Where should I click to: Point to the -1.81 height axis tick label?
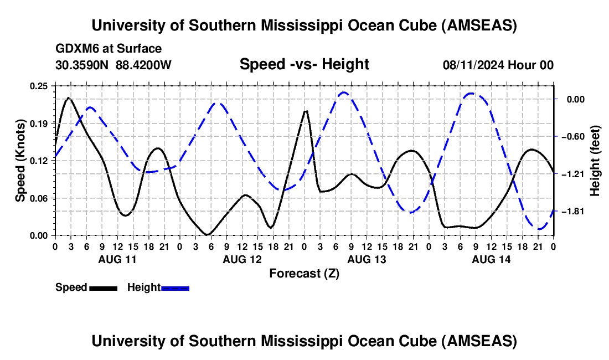(573, 212)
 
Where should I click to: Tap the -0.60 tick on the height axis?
(573, 137)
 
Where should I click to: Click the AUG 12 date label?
(241, 259)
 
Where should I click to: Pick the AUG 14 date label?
(491, 259)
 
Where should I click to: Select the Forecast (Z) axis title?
(304, 273)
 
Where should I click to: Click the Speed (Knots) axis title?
(20, 161)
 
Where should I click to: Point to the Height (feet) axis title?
(595, 161)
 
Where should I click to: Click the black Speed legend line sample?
(103, 288)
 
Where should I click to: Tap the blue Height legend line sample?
(176, 288)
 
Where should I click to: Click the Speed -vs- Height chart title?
(304, 64)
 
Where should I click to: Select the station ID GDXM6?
(75, 49)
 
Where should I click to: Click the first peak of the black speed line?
(68, 98)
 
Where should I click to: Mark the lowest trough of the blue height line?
(540, 229)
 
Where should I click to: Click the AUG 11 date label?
(117, 259)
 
